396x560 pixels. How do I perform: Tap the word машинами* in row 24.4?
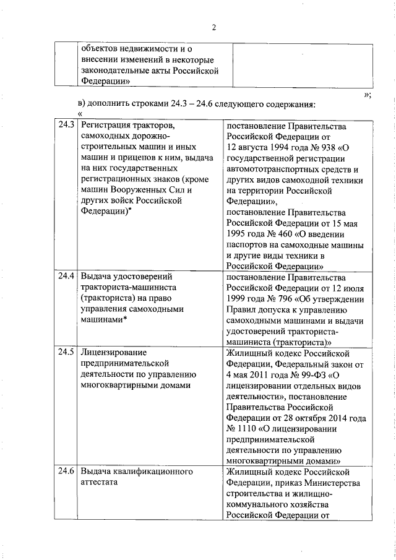click(x=104, y=319)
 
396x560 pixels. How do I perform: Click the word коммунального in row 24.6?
click(x=257, y=504)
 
